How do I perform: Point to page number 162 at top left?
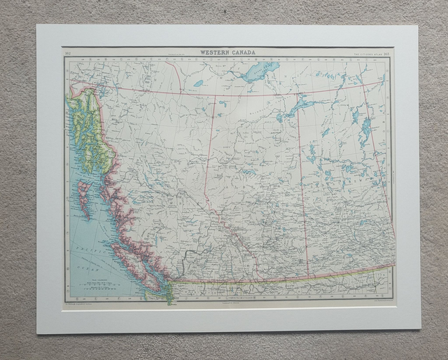[68, 53]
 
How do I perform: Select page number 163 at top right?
[386, 53]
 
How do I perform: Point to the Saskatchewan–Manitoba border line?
[378, 182]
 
